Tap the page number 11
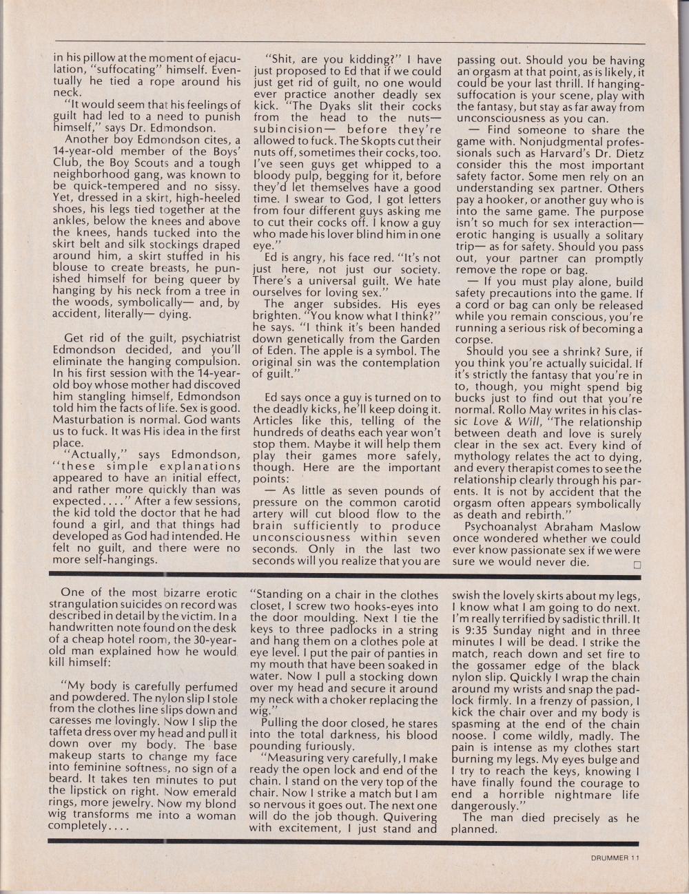[x=635, y=857]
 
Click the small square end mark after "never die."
[x=637, y=563]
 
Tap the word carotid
[x=421, y=502]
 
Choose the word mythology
[x=487, y=457]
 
